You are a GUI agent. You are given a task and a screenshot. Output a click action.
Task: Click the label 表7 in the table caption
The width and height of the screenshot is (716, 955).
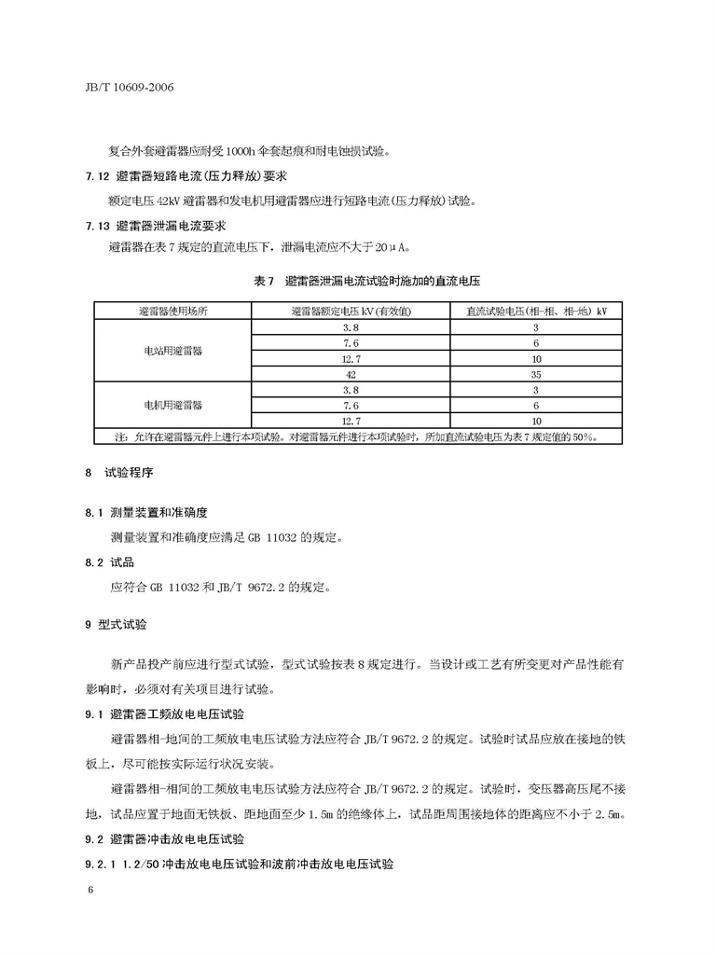tap(266, 281)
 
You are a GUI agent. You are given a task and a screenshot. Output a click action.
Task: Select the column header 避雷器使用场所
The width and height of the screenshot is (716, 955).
tap(172, 311)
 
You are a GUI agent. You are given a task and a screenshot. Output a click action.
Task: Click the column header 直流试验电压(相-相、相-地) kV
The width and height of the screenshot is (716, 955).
tap(536, 311)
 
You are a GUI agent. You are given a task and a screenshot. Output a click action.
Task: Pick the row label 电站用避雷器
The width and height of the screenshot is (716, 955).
tap(172, 350)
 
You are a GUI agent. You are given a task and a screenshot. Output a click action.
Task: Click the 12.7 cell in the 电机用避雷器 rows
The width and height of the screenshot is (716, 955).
tap(351, 421)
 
